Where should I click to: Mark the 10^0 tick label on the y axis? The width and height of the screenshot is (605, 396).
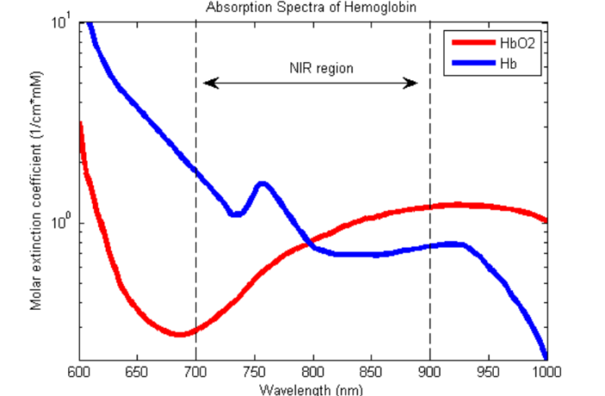click(60, 223)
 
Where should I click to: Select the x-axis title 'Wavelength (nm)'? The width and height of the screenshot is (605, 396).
click(313, 390)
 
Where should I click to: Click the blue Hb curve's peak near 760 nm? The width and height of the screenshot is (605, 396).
click(262, 183)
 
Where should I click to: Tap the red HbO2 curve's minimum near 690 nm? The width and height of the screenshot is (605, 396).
click(179, 334)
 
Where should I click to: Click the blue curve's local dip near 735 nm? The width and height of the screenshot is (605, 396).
click(235, 214)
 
